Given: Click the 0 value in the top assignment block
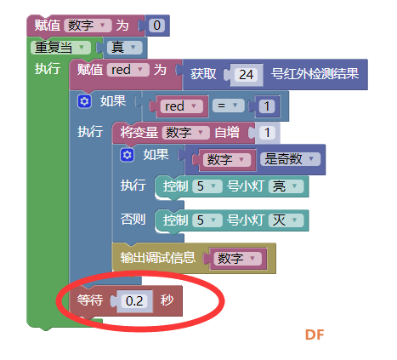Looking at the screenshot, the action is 157,26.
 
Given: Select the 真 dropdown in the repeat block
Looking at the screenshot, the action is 124,47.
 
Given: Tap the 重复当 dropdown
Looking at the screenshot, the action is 60,47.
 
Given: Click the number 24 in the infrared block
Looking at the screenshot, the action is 246,75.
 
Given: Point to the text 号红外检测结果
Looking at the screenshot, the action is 315,74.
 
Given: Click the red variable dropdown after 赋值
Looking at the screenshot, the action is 128,70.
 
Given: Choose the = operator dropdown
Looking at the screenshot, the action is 228,106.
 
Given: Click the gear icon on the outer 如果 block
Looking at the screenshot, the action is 84,101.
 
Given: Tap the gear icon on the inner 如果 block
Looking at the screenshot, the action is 127,155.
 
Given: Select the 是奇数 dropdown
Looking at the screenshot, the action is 290,159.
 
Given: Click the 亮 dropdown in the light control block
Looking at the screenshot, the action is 286,186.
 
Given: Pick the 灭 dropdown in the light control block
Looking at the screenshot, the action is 286,220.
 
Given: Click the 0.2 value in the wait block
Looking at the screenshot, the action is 134,301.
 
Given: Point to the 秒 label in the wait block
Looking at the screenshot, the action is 167,300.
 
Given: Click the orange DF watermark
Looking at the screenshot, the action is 315,334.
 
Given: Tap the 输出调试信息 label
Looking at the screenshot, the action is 158,258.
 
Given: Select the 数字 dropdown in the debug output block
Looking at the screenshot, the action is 237,259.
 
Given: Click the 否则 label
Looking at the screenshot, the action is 133,219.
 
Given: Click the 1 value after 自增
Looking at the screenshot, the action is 267,133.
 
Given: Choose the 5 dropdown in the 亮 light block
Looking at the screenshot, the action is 207,186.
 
